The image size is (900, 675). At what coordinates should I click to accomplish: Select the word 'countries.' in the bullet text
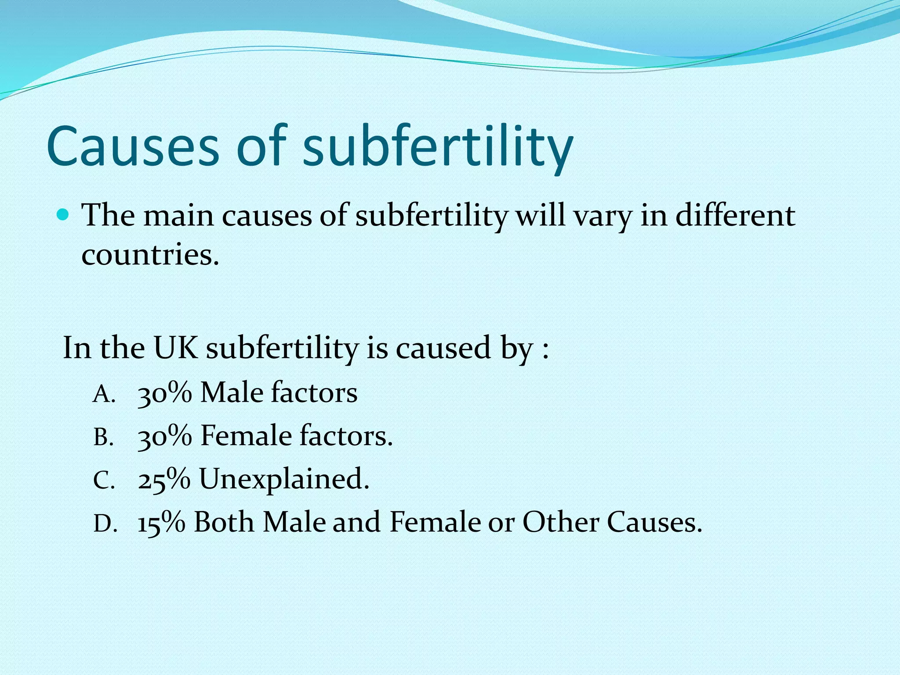[x=150, y=254]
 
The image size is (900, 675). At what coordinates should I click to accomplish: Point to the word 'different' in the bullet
[x=735, y=216]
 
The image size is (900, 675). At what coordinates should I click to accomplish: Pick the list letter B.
[x=103, y=438]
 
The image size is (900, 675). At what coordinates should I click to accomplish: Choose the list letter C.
[x=104, y=481]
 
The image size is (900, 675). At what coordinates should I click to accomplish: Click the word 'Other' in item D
[x=561, y=522]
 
